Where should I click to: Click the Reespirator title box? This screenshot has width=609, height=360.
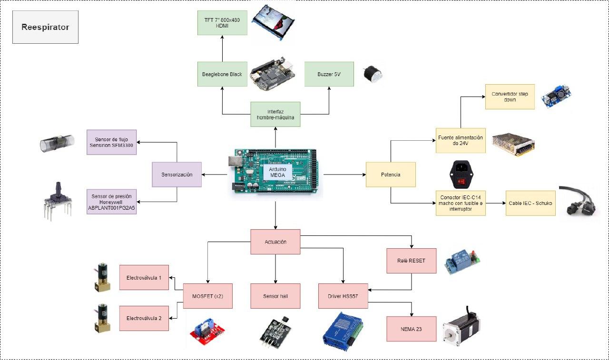[x=45, y=28]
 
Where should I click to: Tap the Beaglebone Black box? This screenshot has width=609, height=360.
[x=222, y=74]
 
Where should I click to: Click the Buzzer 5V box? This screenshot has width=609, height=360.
[x=329, y=74]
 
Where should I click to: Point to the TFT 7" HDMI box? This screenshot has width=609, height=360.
[x=222, y=22]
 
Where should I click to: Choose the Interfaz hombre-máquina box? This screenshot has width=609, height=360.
[x=275, y=114]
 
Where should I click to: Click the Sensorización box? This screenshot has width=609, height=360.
[x=177, y=175]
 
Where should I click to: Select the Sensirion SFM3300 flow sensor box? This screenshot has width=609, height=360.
[x=112, y=142]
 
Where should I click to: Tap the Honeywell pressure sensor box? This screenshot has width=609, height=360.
[x=112, y=202]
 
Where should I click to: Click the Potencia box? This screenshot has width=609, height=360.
[x=391, y=175]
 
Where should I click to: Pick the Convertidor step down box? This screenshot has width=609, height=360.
[x=510, y=97]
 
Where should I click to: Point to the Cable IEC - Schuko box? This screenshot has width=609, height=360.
[x=530, y=203]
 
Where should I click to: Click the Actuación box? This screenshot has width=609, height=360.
[x=275, y=242]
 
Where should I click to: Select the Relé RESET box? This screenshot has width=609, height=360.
[x=411, y=261]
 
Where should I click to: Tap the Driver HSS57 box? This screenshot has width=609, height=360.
[x=343, y=296]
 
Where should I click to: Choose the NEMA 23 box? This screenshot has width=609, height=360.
[x=411, y=329]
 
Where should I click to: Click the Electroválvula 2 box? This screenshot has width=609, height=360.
[x=144, y=318]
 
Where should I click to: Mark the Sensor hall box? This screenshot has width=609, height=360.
[x=275, y=296]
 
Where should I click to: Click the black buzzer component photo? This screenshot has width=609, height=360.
[x=371, y=74]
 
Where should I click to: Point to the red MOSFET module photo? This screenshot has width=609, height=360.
[x=208, y=330]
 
